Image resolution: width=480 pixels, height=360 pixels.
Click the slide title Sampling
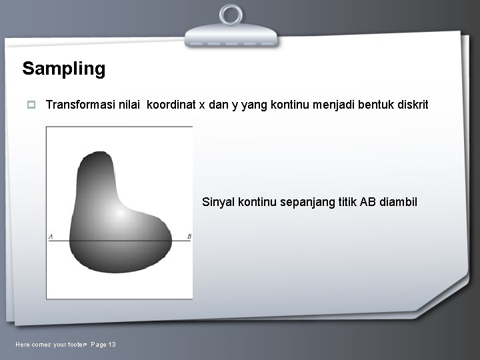[63, 69]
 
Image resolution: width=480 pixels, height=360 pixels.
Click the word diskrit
[412, 105]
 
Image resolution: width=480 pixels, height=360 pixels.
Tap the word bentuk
[376, 105]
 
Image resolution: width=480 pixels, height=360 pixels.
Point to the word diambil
[398, 202]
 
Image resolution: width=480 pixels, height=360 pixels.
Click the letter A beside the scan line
[51, 236]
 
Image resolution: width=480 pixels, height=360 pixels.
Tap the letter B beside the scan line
[189, 236]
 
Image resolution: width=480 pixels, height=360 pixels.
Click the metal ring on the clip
[231, 15]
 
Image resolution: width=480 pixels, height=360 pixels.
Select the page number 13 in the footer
[111, 344]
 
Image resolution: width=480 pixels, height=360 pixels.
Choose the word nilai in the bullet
[130, 105]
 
